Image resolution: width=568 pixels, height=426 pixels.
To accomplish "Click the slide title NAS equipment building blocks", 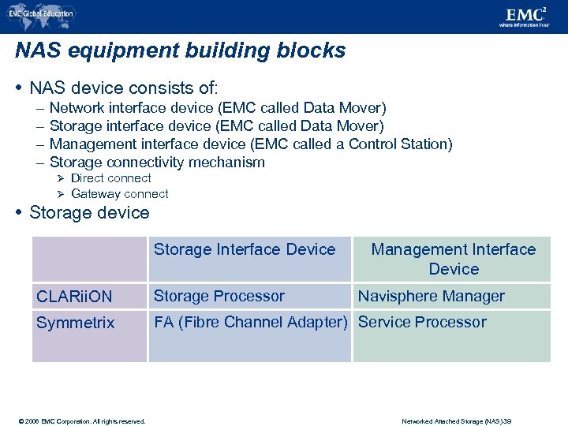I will tap(180, 51).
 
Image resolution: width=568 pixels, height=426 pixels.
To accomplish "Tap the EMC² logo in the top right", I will tap(527, 16).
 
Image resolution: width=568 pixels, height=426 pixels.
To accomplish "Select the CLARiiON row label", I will tap(74, 297).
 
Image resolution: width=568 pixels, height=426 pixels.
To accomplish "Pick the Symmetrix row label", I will tap(75, 323).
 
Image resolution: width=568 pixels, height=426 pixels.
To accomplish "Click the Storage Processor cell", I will tap(219, 297).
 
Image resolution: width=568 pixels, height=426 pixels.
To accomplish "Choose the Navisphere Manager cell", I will tap(431, 297).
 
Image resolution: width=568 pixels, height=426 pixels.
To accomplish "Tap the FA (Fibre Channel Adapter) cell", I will tap(250, 323).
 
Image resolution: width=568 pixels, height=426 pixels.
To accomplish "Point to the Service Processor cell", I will tap(422, 323).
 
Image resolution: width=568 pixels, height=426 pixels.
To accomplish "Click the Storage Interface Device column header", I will tap(245, 250).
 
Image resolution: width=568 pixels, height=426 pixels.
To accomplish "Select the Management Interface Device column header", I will tap(453, 260).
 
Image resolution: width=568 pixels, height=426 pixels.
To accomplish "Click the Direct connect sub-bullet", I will tap(110, 178).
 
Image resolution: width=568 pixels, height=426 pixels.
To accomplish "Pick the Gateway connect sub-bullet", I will tap(119, 194).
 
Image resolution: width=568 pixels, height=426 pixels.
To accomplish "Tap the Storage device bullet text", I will tap(89, 213).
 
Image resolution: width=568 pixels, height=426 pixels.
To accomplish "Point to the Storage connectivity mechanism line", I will tap(157, 163).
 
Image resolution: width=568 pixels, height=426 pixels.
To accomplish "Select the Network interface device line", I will tap(217, 108).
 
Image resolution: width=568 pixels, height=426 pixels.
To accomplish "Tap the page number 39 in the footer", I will tap(528, 421).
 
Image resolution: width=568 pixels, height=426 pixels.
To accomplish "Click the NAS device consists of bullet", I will tap(123, 87).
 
